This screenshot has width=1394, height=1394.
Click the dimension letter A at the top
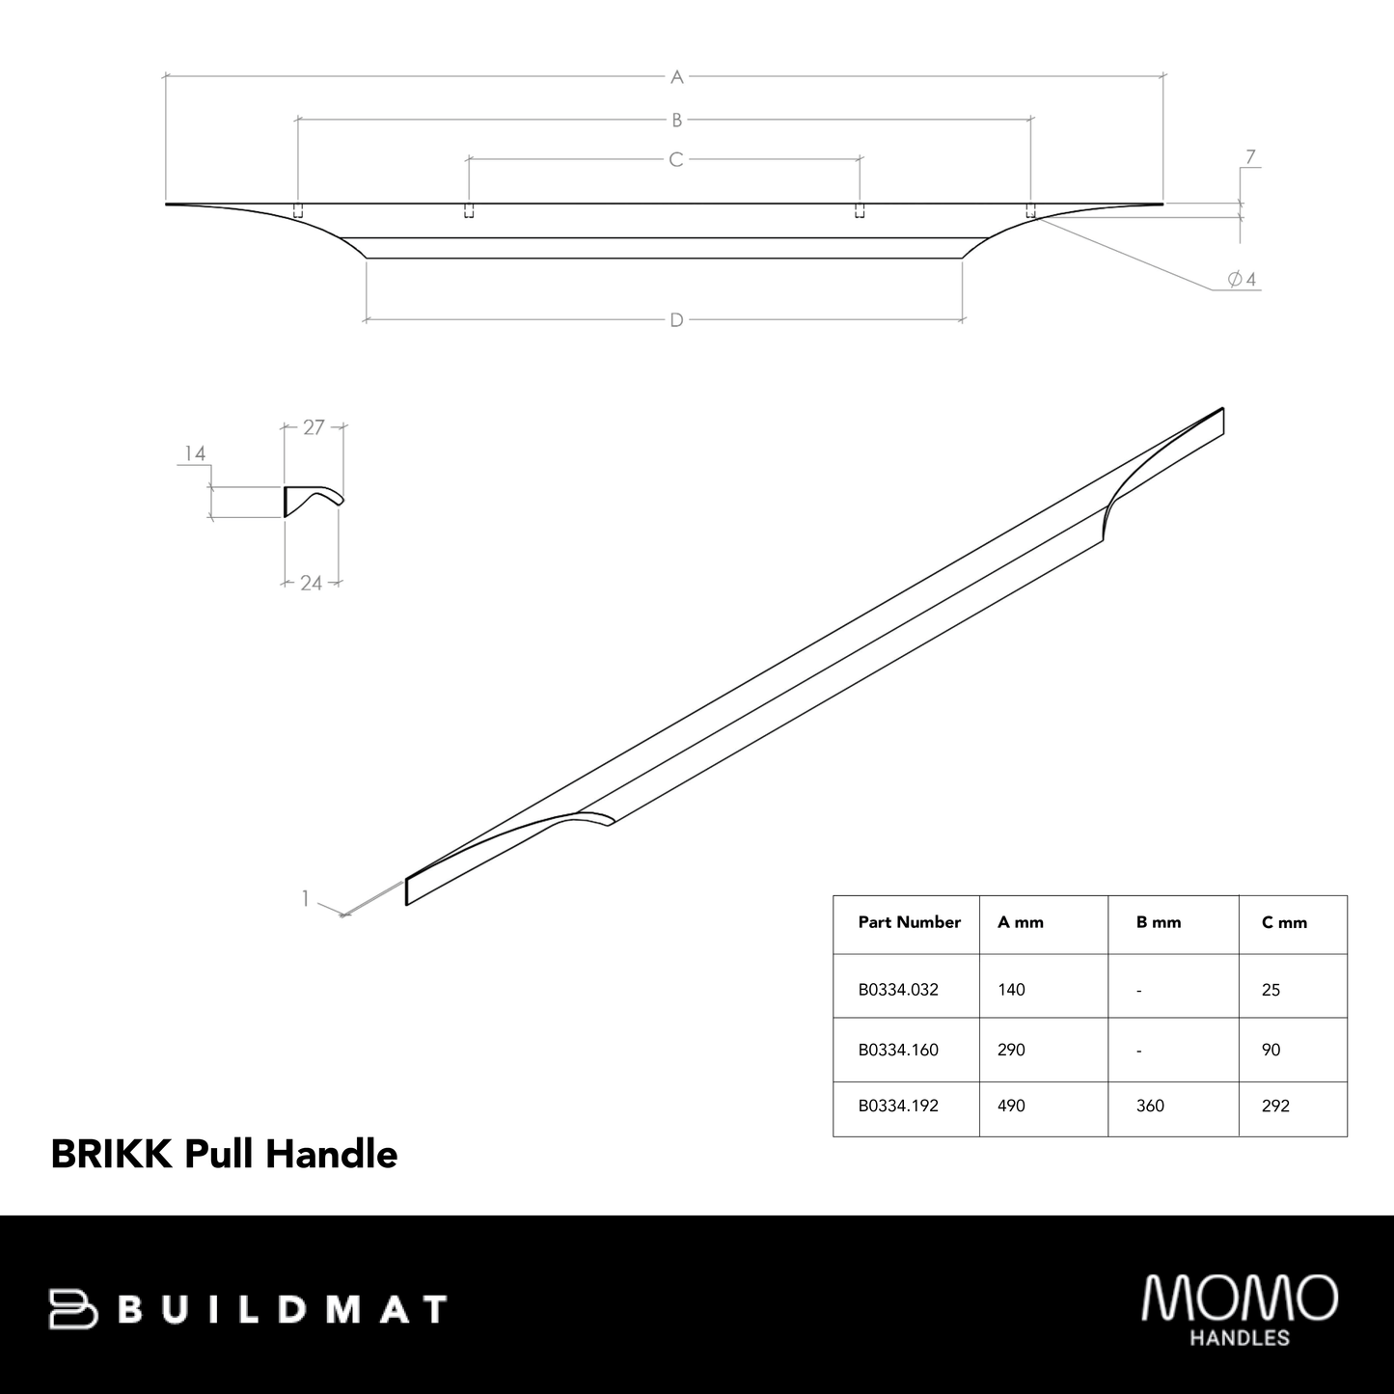point(677,76)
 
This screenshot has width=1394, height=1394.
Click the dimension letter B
point(677,120)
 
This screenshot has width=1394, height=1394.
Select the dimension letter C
point(676,159)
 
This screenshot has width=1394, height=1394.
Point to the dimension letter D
point(677,320)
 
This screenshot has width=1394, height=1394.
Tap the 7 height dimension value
point(1250,156)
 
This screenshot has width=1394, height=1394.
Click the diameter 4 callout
point(1242,280)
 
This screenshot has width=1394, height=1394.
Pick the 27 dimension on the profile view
point(314,427)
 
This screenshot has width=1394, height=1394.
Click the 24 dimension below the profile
point(311,583)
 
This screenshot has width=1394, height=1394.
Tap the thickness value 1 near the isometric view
point(305,898)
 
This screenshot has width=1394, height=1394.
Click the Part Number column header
point(909,922)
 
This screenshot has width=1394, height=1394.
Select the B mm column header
point(1159,922)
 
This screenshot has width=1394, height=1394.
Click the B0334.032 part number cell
point(898,990)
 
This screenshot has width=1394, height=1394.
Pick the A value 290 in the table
point(1011,1050)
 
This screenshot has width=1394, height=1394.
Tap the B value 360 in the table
point(1150,1106)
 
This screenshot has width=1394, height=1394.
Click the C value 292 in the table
point(1275,1106)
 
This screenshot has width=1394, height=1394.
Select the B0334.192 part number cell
point(898,1106)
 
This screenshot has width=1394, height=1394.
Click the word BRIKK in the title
point(111,1154)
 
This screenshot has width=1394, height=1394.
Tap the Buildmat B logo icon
point(73,1309)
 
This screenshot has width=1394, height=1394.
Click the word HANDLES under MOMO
point(1240,1338)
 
